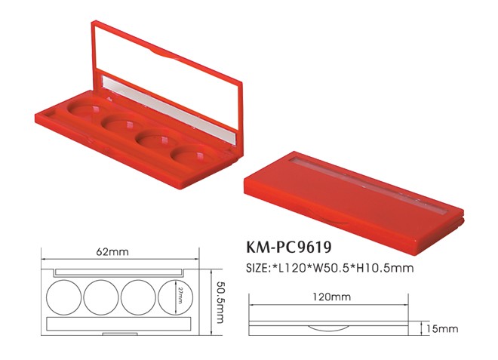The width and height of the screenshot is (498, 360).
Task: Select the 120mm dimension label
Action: pos(332,297)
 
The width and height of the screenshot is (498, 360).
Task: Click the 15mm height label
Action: pos(443,328)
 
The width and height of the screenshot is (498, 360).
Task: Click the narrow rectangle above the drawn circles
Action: pos(118,270)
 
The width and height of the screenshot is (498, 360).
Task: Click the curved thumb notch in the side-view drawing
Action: pos(330,328)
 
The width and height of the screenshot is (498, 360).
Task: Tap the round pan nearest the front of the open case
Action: pos(189,155)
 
